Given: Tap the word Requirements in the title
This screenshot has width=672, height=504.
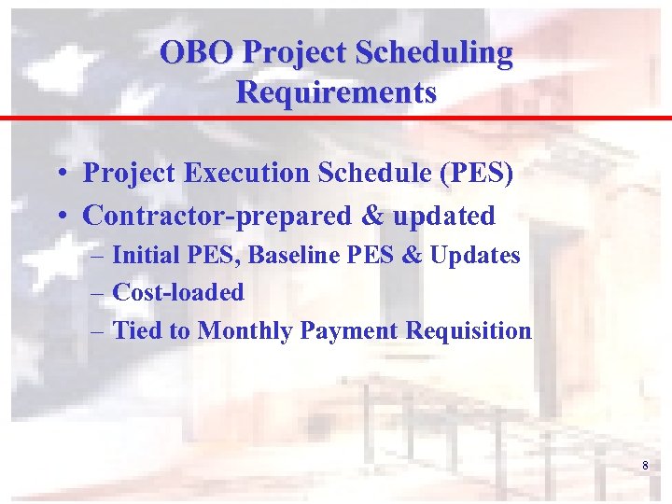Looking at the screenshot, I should pos(336,92).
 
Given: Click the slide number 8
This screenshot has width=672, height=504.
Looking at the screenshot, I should pos(644,466).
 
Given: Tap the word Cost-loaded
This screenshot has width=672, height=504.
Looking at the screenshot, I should pos(178,292).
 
